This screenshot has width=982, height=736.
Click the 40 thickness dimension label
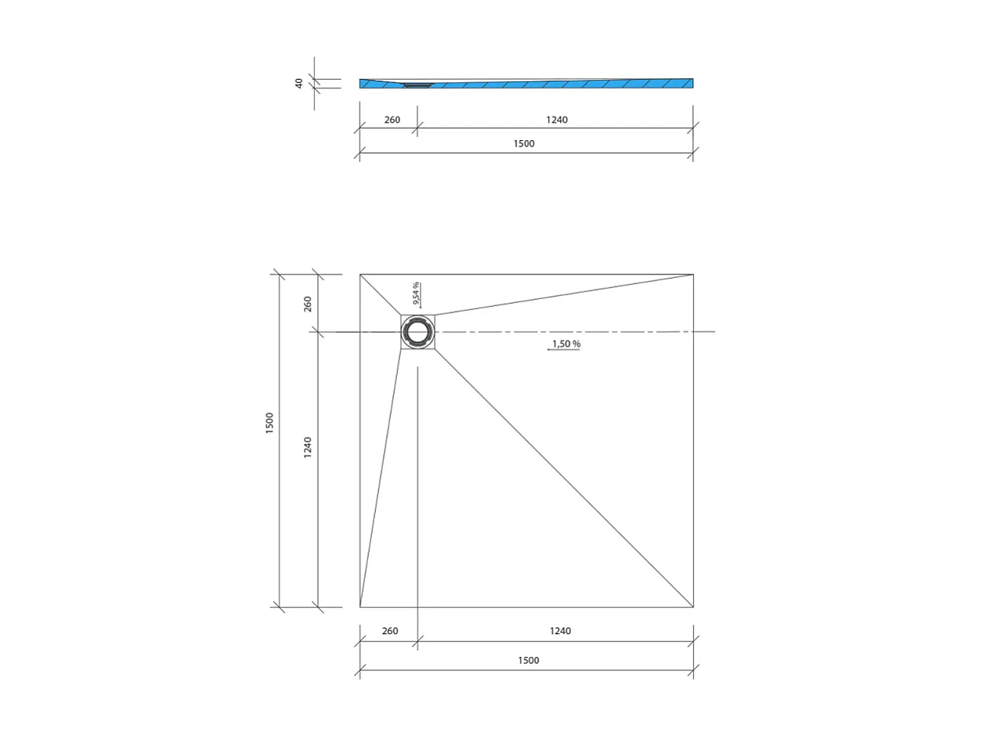(x=299, y=83)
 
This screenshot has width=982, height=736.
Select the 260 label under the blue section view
(x=392, y=120)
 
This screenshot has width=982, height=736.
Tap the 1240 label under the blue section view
(x=556, y=120)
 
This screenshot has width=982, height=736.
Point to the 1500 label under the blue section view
(x=524, y=144)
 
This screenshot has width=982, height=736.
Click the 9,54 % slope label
(x=416, y=293)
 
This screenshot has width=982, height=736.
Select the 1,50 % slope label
(x=565, y=344)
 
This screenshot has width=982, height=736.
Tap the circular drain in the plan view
(x=417, y=332)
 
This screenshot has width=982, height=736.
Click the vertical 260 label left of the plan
(x=308, y=303)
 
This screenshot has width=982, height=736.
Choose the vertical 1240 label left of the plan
(x=308, y=447)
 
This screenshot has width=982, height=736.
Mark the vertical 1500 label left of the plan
(x=270, y=423)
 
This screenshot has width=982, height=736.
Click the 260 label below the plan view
(x=389, y=631)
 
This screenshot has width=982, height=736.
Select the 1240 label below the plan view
(x=559, y=631)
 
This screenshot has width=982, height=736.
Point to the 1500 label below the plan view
(x=528, y=660)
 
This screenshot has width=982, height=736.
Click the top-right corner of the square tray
(x=693, y=275)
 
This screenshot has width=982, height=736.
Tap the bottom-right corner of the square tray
(x=693, y=607)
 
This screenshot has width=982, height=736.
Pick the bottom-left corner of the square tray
(x=360, y=607)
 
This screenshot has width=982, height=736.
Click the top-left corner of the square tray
(x=360, y=275)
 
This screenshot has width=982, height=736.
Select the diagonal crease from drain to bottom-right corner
(x=564, y=478)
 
